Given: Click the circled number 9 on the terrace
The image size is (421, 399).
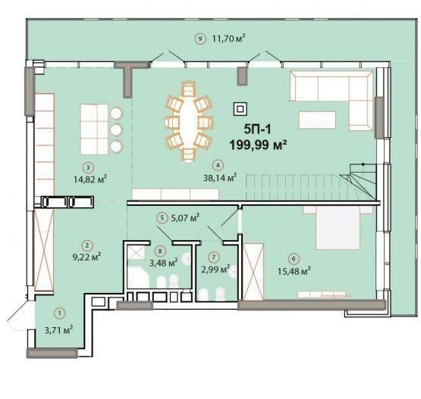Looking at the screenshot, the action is pos(200,39).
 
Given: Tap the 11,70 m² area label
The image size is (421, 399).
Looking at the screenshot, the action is pos(229,39).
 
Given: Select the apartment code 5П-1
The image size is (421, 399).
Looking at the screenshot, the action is pos(257,129).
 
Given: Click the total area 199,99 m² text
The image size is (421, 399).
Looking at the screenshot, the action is pos(259,145).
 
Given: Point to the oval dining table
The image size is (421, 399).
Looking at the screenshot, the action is pos(188,121).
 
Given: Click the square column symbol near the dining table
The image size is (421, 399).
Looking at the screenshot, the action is pos(240,109).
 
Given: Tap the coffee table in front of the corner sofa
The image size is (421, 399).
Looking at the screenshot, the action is pos(317,120).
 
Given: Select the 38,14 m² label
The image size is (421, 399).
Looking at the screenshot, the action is pos(220,177).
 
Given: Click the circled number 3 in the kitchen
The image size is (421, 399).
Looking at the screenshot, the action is pos(88,167).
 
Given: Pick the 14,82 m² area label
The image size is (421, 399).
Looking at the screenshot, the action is pos(90,179).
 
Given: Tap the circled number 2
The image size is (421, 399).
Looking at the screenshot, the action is pos(86,245).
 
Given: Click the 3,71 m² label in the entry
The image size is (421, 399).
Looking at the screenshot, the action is pos(59,329).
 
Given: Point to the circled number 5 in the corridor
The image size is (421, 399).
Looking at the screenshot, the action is pos(162,218).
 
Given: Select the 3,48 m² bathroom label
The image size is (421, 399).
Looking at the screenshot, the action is pos(164,262).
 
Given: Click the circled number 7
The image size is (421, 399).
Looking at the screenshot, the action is pos(214,257).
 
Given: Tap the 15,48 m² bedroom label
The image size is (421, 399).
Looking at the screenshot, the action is pos(294,271).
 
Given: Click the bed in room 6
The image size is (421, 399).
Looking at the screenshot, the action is pos(338,227).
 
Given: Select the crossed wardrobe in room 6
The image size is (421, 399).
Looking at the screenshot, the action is pos(253,271).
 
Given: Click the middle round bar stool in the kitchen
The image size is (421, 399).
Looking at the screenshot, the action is pos(117,130).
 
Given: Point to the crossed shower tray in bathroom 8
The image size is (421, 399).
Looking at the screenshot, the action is pos(136,252).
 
